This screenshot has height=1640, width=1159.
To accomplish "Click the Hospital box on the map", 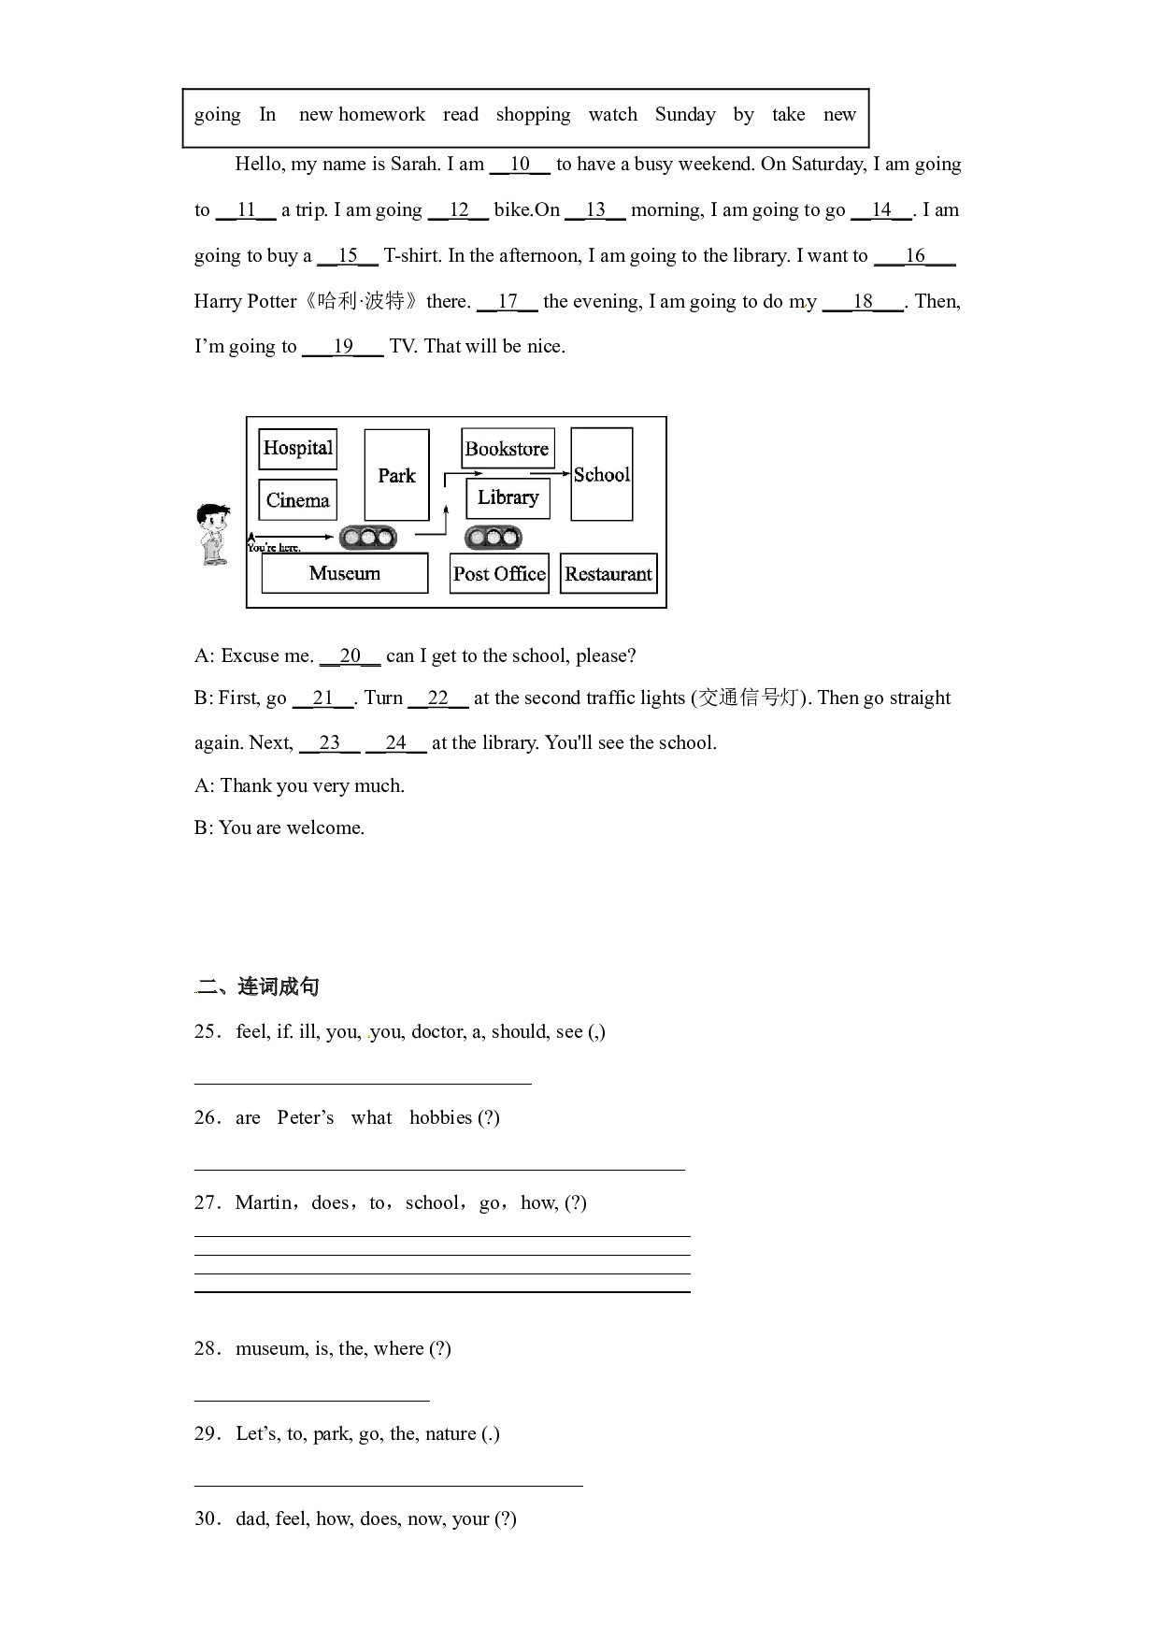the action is tap(297, 449).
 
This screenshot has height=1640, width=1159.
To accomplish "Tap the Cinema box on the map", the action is tap(297, 500).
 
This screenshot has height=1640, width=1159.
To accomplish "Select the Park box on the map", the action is tap(396, 475).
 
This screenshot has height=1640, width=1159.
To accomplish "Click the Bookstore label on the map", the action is tap(508, 449).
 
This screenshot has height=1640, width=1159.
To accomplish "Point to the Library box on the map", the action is tap(508, 497).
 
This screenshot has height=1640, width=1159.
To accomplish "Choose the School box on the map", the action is tap(602, 474).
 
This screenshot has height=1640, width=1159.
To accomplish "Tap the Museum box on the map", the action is tap(345, 573).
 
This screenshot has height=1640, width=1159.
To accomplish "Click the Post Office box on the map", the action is tap(499, 574).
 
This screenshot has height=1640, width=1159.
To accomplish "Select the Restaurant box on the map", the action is tap(608, 574).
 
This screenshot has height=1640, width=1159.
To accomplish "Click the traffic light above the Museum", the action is tap(367, 538).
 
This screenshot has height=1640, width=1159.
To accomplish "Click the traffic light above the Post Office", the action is tap(493, 538).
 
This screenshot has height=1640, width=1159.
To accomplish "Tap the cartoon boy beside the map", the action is tap(212, 534).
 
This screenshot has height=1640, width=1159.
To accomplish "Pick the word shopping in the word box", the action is tap(533, 115).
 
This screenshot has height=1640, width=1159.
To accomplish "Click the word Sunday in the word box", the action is tap(685, 115).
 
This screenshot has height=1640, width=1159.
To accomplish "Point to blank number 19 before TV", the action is tap(343, 347).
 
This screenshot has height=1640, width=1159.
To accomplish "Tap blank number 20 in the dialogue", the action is tap(351, 656).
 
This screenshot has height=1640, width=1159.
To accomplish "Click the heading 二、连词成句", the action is tap(258, 987).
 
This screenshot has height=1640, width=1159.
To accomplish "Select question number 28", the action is tap(207, 1348).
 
